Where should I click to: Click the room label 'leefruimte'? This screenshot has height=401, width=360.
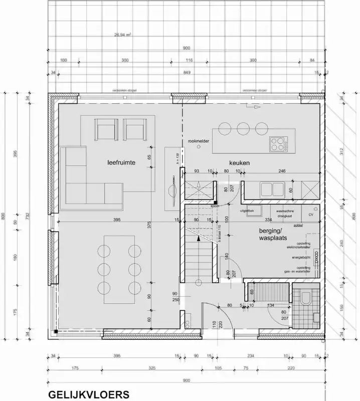tap(121, 162)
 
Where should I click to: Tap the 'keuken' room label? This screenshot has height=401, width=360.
tap(240, 163)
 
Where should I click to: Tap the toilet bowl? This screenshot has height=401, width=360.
tap(305, 299)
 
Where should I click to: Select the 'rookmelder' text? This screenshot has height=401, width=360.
tap(198, 142)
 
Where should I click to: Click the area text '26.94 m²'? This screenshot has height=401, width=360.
tap(122, 36)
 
